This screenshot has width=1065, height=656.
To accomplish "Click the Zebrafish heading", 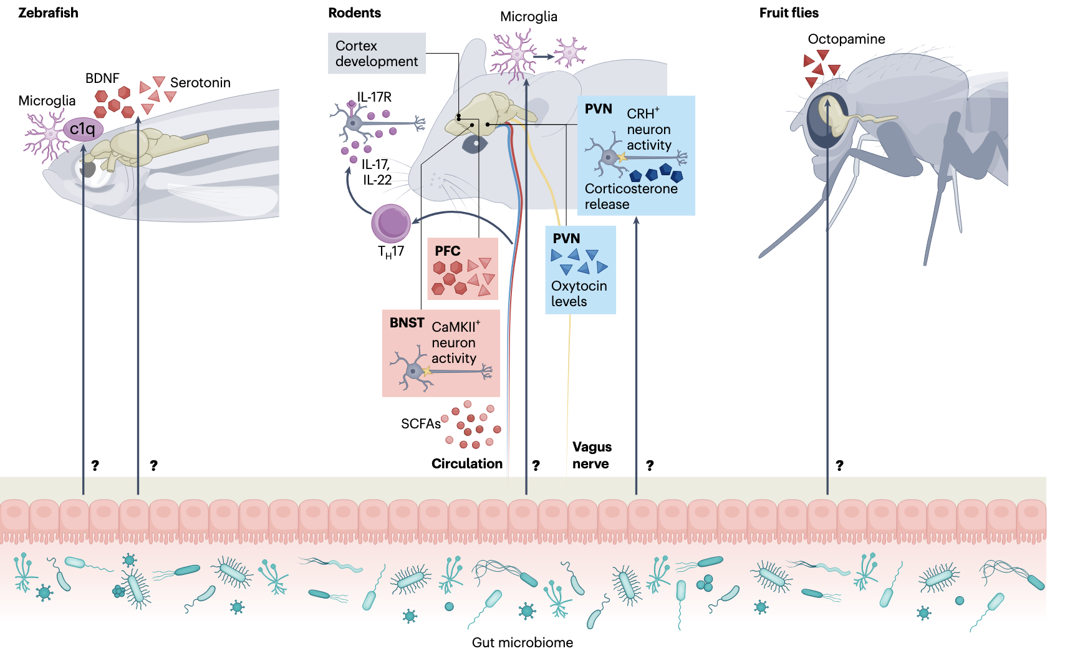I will click(x=48, y=13).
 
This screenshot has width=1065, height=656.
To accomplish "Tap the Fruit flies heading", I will click(x=788, y=13).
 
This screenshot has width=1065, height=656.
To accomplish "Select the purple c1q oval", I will click(x=83, y=129).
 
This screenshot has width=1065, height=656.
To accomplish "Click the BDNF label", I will click(x=102, y=79).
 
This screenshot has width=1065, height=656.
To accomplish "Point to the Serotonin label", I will click(x=200, y=83).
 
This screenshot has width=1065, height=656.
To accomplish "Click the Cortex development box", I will click(x=377, y=54).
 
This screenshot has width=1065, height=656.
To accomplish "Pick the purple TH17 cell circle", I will click(x=391, y=223).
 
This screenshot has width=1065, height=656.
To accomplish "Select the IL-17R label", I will click(x=374, y=97).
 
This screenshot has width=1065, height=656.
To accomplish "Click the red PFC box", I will click(x=463, y=269).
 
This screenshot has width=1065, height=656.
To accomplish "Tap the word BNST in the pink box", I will click(x=407, y=323).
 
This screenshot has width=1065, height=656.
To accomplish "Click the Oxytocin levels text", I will click(x=579, y=294).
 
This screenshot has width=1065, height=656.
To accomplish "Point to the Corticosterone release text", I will click(x=630, y=196).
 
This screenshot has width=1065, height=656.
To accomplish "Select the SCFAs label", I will click(x=420, y=424).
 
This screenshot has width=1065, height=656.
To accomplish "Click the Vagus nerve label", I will click(x=592, y=455).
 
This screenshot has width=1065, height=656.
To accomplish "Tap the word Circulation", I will click(x=466, y=464).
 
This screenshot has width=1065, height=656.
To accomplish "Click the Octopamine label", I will click(x=846, y=39).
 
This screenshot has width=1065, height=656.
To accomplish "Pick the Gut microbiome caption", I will click(x=522, y=642).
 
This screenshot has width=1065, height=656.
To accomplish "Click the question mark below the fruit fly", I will click(x=839, y=466).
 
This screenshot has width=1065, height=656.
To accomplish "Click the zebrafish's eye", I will click(x=87, y=170).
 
